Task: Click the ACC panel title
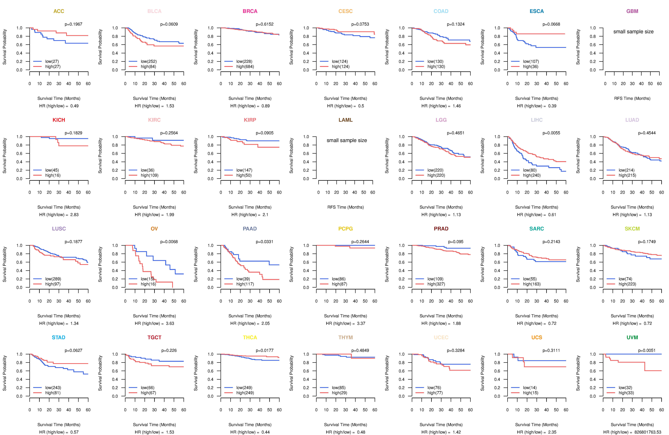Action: (x=59, y=11)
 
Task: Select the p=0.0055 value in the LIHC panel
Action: (x=551, y=133)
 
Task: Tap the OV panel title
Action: (x=154, y=229)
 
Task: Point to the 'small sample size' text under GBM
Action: (x=633, y=31)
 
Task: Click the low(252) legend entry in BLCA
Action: (x=148, y=61)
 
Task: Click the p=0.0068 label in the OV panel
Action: (x=169, y=242)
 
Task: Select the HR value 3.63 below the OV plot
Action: (x=170, y=323)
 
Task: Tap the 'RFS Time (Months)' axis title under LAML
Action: (x=345, y=207)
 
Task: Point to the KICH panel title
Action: (x=59, y=120)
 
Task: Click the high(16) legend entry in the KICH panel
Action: (x=53, y=175)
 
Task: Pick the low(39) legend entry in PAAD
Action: (x=243, y=279)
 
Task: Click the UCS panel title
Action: (x=537, y=337)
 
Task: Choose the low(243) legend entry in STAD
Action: (x=53, y=388)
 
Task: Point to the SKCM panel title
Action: (x=632, y=229)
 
